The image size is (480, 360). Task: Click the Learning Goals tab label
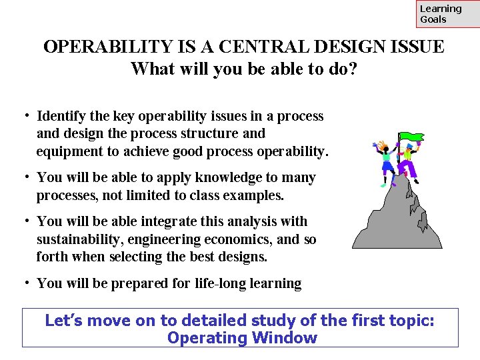[x=441, y=14]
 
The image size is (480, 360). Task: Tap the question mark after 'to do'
[x=352, y=69]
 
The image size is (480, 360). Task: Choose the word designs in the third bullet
[x=241, y=257]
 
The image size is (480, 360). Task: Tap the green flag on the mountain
[x=412, y=137]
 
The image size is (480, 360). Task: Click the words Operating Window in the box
[x=242, y=338]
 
